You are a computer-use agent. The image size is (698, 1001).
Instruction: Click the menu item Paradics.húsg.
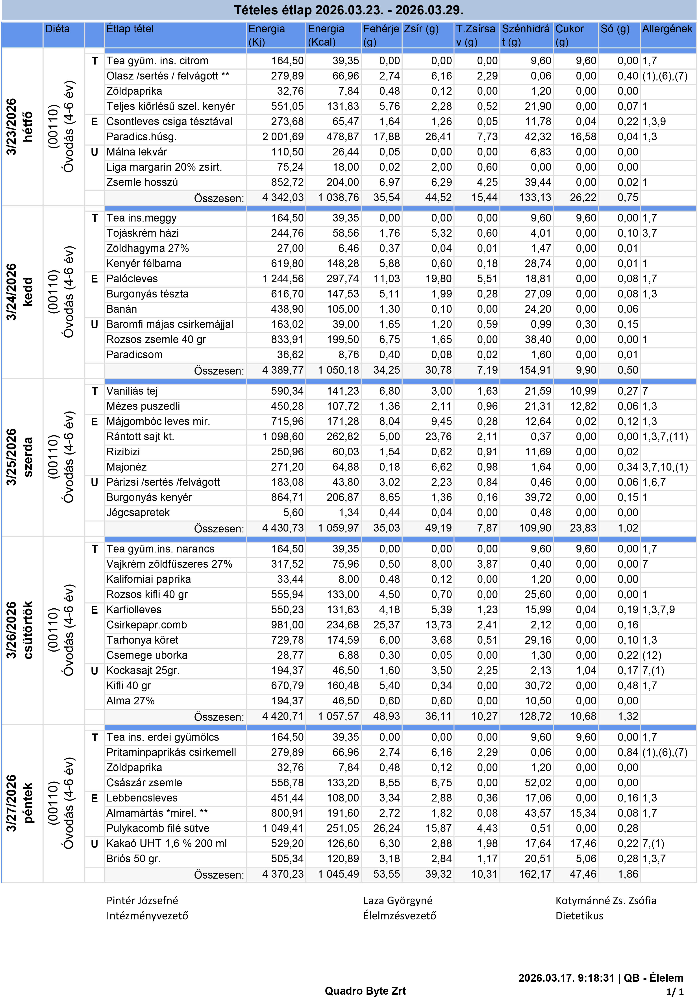(x=141, y=137)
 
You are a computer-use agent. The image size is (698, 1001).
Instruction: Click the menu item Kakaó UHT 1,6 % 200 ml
(x=167, y=844)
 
